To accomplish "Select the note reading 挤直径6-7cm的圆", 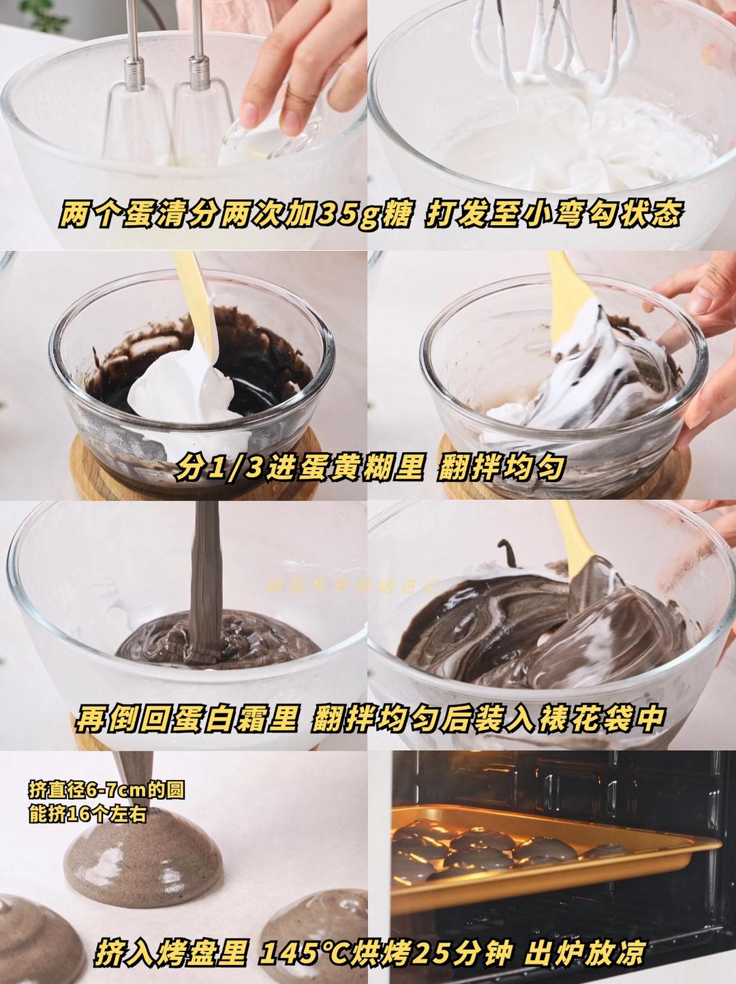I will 106,790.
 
